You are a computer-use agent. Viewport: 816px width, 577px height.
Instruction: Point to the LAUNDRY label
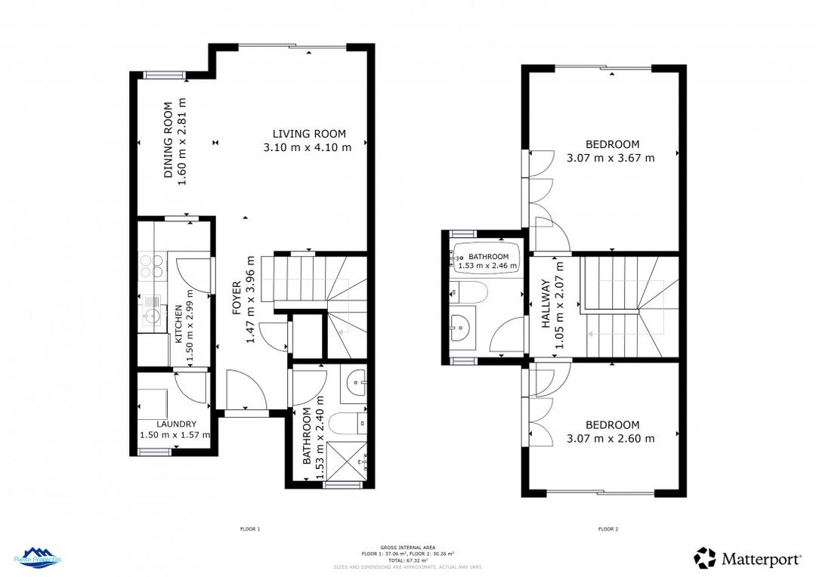tap(175, 424)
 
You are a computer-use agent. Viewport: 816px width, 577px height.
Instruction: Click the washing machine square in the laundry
tap(156, 400)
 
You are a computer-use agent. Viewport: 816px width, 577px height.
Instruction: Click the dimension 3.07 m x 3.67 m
tap(610, 158)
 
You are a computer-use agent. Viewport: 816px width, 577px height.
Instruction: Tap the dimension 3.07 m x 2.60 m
tap(610, 438)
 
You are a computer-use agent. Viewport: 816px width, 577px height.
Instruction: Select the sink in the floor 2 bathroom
tap(462, 326)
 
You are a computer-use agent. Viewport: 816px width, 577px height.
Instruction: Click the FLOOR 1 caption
tap(249, 529)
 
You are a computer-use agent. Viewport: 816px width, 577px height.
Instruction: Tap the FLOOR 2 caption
tap(608, 529)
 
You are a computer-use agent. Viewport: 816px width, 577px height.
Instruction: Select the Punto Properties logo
tap(38, 557)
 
